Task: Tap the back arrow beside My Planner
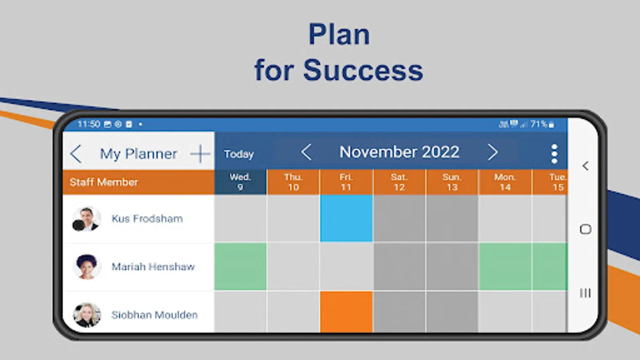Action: click(76, 154)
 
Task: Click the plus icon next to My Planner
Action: click(200, 154)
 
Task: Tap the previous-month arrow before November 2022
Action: click(306, 152)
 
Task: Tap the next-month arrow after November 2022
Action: click(493, 152)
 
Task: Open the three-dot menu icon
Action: click(554, 154)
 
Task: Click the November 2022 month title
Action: click(400, 152)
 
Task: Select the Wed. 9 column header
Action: click(240, 182)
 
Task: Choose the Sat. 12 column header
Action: click(399, 182)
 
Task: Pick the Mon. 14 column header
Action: click(505, 182)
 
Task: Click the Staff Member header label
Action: click(104, 182)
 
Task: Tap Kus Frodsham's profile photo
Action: click(86, 219)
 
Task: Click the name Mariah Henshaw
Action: click(153, 267)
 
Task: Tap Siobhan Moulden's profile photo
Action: click(87, 315)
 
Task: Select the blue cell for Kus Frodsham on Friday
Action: click(346, 218)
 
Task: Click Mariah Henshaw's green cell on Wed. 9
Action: click(240, 266)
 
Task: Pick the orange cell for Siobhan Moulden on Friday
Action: click(346, 312)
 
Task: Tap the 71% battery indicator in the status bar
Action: click(542, 124)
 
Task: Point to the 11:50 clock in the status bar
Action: click(88, 124)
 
